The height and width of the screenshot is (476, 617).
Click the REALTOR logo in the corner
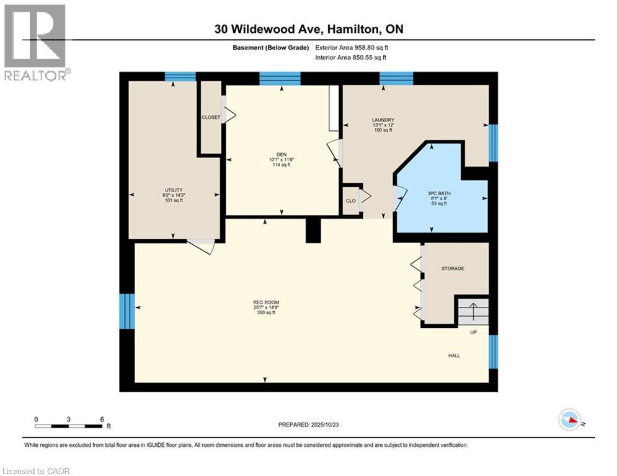[x=36, y=42]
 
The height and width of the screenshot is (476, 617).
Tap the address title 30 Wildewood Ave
[x=308, y=29]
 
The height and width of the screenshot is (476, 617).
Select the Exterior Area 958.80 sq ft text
[x=352, y=48]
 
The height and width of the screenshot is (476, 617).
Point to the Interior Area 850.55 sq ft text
[x=351, y=58]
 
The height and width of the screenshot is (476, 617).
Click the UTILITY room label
[x=173, y=190]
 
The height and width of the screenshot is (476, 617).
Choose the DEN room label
[x=282, y=155]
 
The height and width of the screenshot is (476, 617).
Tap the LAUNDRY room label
[x=383, y=120]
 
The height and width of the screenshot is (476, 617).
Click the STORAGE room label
[x=453, y=268]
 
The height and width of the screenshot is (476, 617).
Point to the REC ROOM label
[x=265, y=302]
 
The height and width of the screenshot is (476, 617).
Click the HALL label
[x=455, y=355]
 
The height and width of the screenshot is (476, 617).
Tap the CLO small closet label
[x=350, y=201]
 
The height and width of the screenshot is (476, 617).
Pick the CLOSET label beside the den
[x=211, y=117]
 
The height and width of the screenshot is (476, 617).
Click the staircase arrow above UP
[x=473, y=311]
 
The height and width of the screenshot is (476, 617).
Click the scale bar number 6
[x=102, y=419]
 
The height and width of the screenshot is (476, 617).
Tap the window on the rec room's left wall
[x=127, y=311]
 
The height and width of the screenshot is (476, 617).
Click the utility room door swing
[x=202, y=246]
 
